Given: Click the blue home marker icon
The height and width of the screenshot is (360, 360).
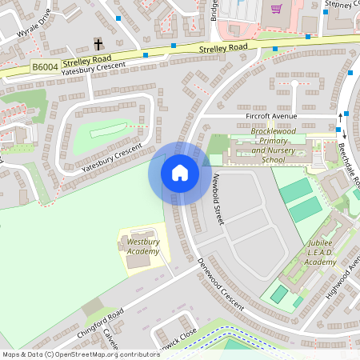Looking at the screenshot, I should pyautogui.click(x=179, y=172).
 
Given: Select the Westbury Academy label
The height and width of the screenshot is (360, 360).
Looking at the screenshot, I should pyautogui.click(x=143, y=246).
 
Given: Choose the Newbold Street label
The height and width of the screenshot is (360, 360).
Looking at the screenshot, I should pyautogui.click(x=216, y=199).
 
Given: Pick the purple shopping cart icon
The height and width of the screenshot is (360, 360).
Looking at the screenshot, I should pyautogui.click(x=276, y=10).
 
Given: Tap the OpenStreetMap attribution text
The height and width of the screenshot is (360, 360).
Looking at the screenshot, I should pyautogui.click(x=80, y=354).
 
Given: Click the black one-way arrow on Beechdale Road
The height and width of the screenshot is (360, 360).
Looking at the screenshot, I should pyautogui.click(x=342, y=120).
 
